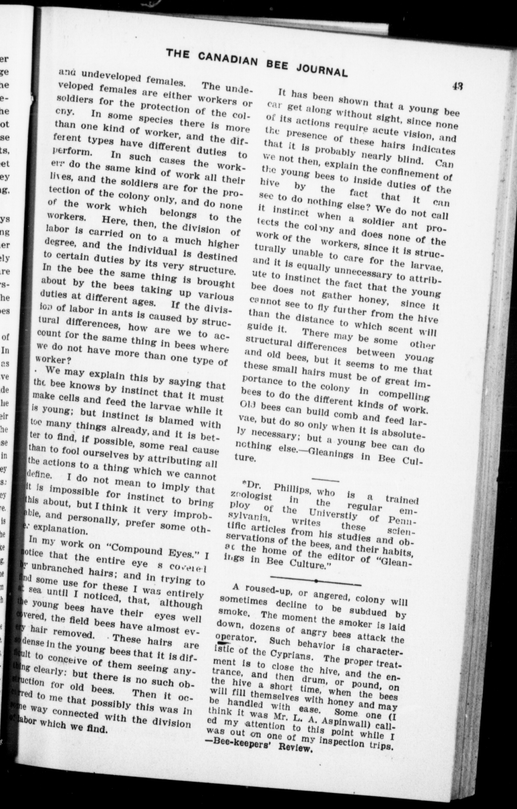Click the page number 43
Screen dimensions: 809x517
pyautogui.click(x=457, y=86)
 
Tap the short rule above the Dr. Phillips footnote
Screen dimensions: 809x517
pyautogui.click(x=325, y=478)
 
